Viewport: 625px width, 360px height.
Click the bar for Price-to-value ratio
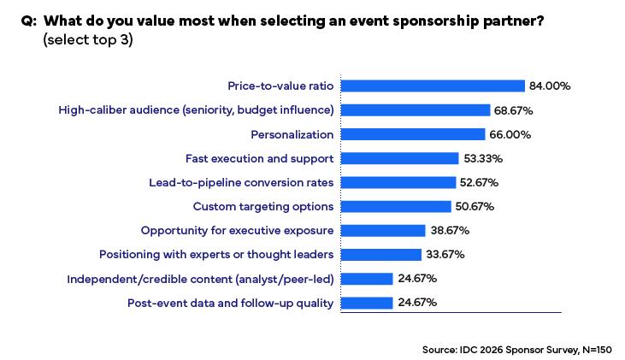click(432, 86)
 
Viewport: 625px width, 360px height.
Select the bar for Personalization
click(413, 134)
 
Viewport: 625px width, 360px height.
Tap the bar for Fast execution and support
click(399, 158)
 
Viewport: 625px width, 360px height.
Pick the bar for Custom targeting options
click(396, 206)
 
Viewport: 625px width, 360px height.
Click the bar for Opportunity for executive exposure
click(383, 230)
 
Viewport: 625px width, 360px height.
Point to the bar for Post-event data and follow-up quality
click(367, 303)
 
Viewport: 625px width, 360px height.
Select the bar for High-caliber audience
click(416, 110)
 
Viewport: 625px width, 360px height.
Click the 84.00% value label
click(549, 86)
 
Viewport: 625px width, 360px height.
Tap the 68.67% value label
click(515, 110)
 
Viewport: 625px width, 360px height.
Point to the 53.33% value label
click(482, 158)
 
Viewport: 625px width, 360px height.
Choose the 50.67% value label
click(475, 206)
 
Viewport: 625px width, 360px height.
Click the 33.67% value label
click(445, 254)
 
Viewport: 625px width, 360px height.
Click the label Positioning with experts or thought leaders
click(216, 254)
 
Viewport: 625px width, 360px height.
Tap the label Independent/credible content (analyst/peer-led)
click(200, 279)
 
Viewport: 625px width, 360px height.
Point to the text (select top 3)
click(87, 40)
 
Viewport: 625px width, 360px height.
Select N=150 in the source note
click(597, 349)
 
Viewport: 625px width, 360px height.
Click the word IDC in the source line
click(469, 349)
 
